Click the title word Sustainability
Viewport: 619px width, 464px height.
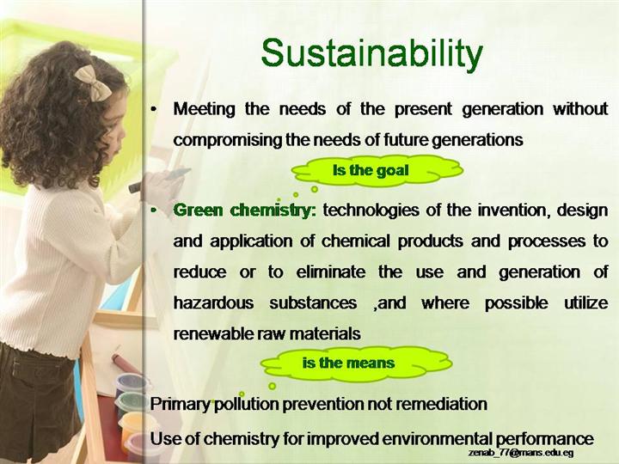coord(372,54)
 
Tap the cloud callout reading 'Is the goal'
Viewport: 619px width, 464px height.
coord(377,170)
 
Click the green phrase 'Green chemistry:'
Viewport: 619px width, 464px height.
coord(245,211)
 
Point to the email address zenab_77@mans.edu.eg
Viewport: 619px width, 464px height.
coord(521,452)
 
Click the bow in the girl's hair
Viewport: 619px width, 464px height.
coord(94,82)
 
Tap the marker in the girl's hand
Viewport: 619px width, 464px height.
coord(159,180)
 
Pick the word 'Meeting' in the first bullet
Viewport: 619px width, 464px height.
coord(204,109)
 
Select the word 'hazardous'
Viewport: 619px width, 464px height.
coord(213,303)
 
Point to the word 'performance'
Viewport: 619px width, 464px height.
coord(544,439)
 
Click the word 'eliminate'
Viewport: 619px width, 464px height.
coord(331,272)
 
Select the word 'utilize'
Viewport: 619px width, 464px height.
coord(585,303)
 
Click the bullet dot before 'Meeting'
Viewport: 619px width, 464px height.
coord(154,109)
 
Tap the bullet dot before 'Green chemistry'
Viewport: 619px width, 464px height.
coord(154,211)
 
